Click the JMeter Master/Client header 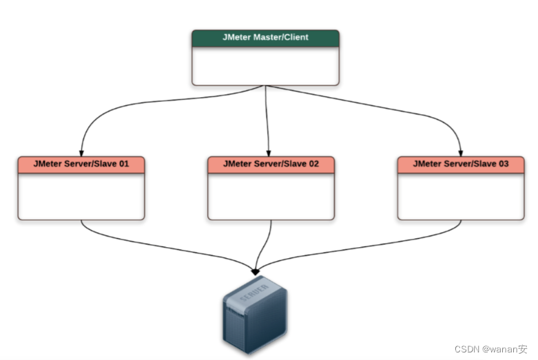265,38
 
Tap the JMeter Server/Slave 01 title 81,165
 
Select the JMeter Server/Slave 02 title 271,165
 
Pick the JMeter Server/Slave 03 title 460,165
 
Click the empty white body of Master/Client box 265,66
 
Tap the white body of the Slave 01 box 81,196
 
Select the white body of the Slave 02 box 271,196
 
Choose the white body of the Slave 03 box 460,196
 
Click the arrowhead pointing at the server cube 256,270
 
